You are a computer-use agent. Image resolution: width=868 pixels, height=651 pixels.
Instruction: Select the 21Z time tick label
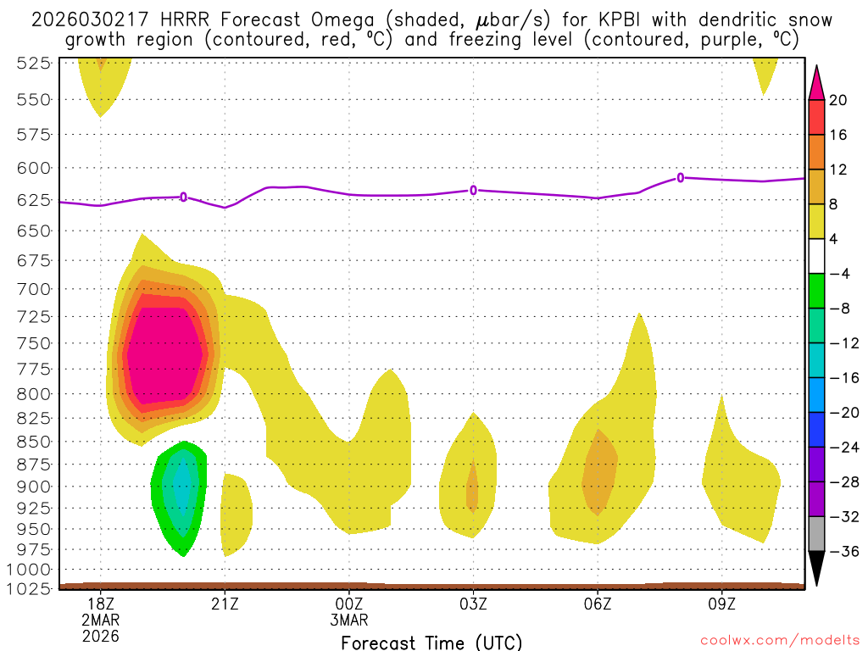[x=225, y=604]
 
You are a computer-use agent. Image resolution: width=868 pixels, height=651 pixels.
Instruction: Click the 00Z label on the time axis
[x=349, y=604]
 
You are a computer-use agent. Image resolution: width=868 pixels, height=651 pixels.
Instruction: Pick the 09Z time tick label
[x=722, y=604]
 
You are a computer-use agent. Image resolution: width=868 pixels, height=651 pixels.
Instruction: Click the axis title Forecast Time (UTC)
[x=431, y=642]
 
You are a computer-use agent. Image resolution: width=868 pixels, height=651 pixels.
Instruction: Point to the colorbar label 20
[x=838, y=100]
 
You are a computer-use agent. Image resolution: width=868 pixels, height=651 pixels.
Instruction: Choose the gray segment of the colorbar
[x=817, y=534]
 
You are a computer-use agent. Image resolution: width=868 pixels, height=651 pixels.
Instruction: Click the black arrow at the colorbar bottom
[x=817, y=566]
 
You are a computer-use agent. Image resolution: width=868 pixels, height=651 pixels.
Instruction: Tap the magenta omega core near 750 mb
[x=165, y=348]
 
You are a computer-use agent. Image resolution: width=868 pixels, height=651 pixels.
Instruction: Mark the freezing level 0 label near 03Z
[x=474, y=190]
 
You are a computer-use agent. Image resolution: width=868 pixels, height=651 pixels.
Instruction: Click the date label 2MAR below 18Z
[x=101, y=620]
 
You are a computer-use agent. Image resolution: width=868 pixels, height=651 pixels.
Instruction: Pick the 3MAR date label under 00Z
[x=349, y=620]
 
